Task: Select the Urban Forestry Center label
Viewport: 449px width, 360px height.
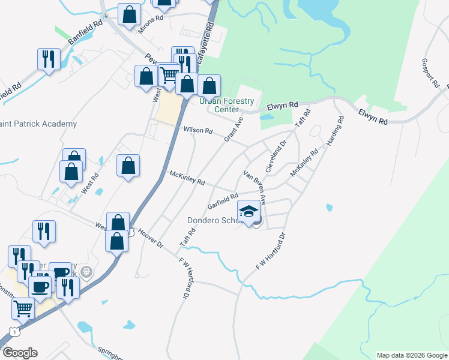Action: point(227,105)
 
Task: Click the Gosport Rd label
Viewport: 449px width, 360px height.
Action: point(430,73)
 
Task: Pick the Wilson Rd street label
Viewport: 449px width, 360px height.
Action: point(198,130)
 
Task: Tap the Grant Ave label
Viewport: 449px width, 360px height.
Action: point(234,129)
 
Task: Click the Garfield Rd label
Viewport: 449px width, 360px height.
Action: point(223,200)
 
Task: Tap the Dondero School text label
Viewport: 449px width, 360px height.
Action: point(214,220)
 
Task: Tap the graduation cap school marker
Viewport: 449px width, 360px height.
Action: point(249,211)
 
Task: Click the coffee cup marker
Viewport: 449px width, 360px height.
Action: point(41,287)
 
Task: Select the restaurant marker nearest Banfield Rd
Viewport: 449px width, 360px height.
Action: point(49,58)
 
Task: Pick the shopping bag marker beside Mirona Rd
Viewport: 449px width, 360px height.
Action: point(129,14)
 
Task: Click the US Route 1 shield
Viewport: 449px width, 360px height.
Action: point(13,332)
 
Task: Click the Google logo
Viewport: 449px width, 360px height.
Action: point(19,353)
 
